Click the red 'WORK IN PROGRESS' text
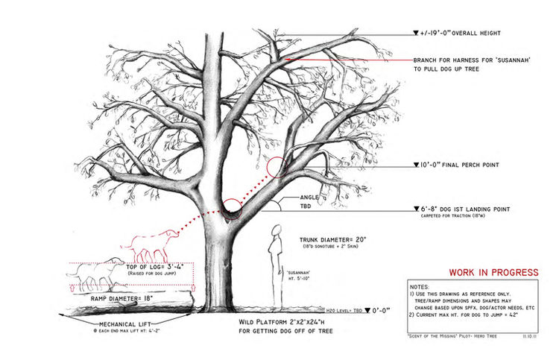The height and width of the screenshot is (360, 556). (493, 272)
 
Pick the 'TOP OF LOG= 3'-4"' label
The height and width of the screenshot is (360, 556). (157, 266)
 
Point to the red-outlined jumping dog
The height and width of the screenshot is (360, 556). (154, 244)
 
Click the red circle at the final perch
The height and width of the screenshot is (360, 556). (278, 167)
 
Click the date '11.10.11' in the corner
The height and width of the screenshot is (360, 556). (531, 337)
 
